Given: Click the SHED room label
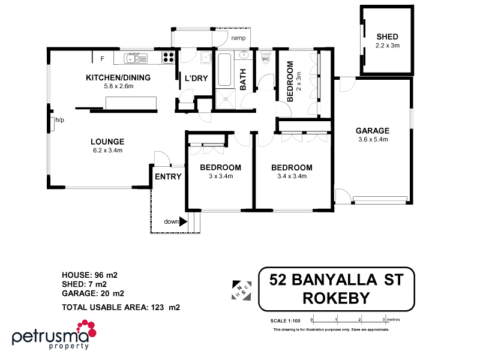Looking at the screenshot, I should pyautogui.click(x=387, y=37).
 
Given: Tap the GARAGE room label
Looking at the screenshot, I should pyautogui.click(x=372, y=130).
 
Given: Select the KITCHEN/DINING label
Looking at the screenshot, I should pyautogui.click(x=118, y=77).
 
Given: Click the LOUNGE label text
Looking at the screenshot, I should pyautogui.click(x=107, y=142).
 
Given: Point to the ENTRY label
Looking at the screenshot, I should pyautogui.click(x=168, y=176).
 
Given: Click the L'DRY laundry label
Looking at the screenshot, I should pyautogui.click(x=196, y=78).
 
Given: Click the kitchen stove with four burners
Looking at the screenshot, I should pyautogui.click(x=169, y=58).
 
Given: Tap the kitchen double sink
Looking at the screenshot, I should pyautogui.click(x=135, y=58).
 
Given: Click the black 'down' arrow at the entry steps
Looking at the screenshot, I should pyautogui.click(x=184, y=221).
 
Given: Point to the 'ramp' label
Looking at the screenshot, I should pyautogui.click(x=238, y=38).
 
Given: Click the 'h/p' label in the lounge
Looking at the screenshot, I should pyautogui.click(x=59, y=121).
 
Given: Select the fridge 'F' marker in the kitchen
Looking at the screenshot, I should pyautogui.click(x=103, y=58).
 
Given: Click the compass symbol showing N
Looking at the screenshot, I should pyautogui.click(x=241, y=289).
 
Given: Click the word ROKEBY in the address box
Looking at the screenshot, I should pyautogui.click(x=336, y=298).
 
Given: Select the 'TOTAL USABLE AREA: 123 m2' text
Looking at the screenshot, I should pyautogui.click(x=121, y=307).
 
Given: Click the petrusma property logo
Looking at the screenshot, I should pyautogui.click(x=54, y=334).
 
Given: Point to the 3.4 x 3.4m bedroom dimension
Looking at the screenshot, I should pyautogui.click(x=292, y=176).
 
